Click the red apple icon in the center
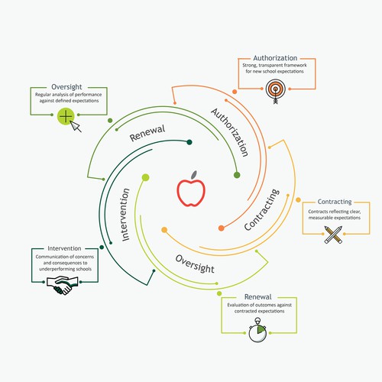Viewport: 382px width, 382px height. (191, 189)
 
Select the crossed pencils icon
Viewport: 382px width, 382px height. (333, 235)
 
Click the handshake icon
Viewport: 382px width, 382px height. (63, 285)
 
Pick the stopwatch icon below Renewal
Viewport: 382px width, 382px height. (257, 330)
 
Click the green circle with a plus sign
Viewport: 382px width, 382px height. (66, 116)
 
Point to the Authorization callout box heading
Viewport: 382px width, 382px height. (275, 58)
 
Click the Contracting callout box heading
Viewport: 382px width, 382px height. (335, 202)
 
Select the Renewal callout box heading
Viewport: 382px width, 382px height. (257, 296)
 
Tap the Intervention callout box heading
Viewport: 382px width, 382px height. (64, 248)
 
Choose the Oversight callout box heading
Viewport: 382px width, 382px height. (66, 87)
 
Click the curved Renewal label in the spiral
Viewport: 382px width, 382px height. (147, 133)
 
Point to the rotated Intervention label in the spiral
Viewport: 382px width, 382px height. (125, 215)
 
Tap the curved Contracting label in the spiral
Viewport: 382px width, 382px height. (262, 209)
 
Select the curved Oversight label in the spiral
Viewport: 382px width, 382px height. (195, 264)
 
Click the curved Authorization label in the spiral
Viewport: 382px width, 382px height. (230, 132)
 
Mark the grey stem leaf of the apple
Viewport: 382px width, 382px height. (194, 174)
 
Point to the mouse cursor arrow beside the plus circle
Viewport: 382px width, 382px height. (76, 127)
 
